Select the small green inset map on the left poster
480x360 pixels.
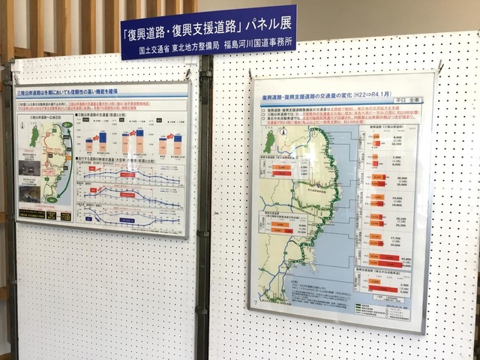[x=34, y=136]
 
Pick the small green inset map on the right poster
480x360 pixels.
[x=269, y=141]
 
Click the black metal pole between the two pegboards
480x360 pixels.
[x=202, y=225]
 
